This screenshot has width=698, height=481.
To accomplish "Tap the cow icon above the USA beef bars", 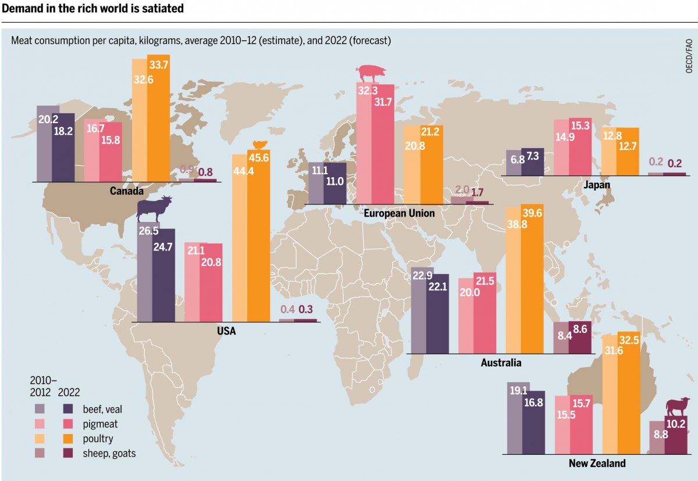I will [x=155, y=208].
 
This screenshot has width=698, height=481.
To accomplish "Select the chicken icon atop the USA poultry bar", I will [x=259, y=145].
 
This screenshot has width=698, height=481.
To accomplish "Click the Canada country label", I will [x=127, y=191].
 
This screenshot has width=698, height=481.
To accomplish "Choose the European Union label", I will [x=399, y=213].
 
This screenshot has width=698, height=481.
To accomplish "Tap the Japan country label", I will [x=597, y=185].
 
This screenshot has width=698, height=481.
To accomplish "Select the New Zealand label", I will [x=597, y=463].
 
